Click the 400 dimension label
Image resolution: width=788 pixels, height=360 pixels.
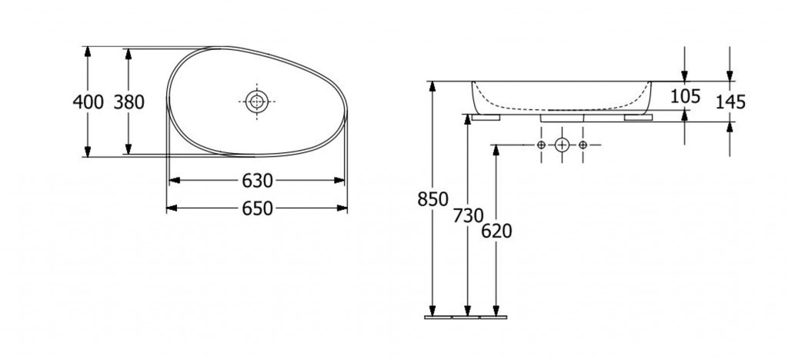pyautogui.click(x=88, y=102)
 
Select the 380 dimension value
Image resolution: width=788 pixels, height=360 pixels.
pyautogui.click(x=129, y=102)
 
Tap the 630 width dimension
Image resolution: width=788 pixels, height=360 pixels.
pyautogui.click(x=257, y=181)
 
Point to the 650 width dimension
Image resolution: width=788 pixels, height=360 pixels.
pyautogui.click(x=257, y=208)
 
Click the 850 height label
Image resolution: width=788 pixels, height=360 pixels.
pyautogui.click(x=432, y=199)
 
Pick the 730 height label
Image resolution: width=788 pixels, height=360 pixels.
pyautogui.click(x=468, y=215)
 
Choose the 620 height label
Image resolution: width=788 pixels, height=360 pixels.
pyautogui.click(x=496, y=231)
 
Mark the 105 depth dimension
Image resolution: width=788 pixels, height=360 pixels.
pyautogui.click(x=686, y=96)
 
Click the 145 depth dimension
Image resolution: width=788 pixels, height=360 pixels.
pyautogui.click(x=730, y=102)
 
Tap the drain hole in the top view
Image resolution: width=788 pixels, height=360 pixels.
pyautogui.click(x=257, y=102)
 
